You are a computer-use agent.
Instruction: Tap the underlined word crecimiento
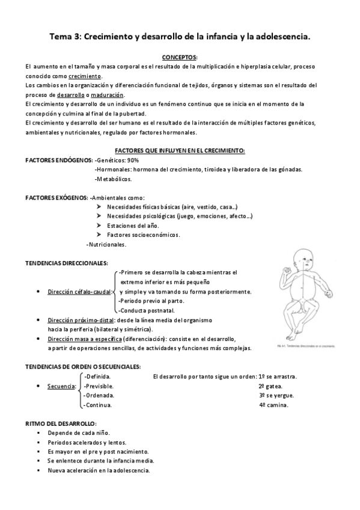coord(84,76)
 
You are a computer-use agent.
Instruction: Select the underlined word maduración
coord(109,95)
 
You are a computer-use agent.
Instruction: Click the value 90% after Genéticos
coord(133,160)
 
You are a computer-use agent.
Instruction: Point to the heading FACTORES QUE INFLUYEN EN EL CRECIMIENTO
coord(180,150)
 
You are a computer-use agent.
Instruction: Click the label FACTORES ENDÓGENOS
coord(58,160)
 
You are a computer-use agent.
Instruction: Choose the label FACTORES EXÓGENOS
coord(56,197)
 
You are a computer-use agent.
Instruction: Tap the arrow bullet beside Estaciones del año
coord(99,226)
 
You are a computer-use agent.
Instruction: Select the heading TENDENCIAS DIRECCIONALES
coord(66,263)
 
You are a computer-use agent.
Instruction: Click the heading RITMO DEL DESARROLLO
coord(61,423)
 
